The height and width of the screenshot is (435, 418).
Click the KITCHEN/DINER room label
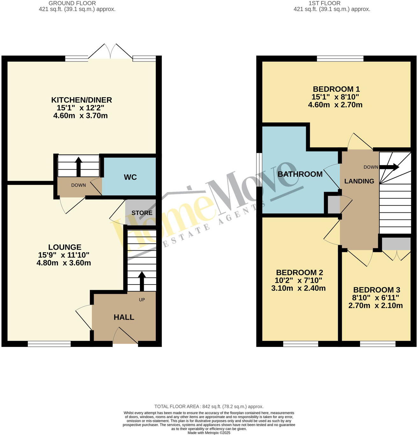tap(82, 100)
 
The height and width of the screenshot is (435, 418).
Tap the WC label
tap(130, 177)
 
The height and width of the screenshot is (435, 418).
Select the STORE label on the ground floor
tap(142, 213)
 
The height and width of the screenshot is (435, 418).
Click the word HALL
tap(124, 317)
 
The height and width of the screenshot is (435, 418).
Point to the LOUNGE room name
tap(65, 247)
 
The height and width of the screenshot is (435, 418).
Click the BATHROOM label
tap(300, 174)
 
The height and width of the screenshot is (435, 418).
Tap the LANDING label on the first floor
tap(359, 181)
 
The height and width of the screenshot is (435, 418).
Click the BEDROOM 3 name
tap(377, 290)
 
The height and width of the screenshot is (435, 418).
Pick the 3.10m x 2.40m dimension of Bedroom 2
tap(298, 288)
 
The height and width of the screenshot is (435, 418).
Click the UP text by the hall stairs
tap(142, 300)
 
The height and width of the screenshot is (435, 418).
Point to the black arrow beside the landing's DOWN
tap(389, 167)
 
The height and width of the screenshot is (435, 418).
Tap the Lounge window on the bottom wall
tap(49, 344)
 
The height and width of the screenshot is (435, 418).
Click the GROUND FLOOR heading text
tap(72, 3)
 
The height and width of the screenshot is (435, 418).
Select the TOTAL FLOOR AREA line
tap(209, 407)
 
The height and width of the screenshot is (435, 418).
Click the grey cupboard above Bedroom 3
tap(396, 244)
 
